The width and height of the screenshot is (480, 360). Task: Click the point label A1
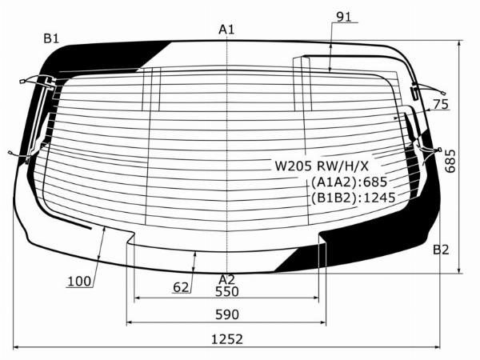227,30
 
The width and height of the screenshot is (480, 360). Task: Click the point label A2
227,278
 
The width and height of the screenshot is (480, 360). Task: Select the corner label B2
441,250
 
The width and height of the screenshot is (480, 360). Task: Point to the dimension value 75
439,104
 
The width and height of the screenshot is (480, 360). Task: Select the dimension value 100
78,281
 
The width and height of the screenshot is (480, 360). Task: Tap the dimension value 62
182,286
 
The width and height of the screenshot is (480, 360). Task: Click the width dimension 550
227,292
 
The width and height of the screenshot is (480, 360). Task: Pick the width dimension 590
227,314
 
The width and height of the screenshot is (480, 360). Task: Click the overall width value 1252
227,338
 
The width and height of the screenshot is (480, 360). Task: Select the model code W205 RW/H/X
322,166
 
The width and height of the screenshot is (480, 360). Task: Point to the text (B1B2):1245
354,198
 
